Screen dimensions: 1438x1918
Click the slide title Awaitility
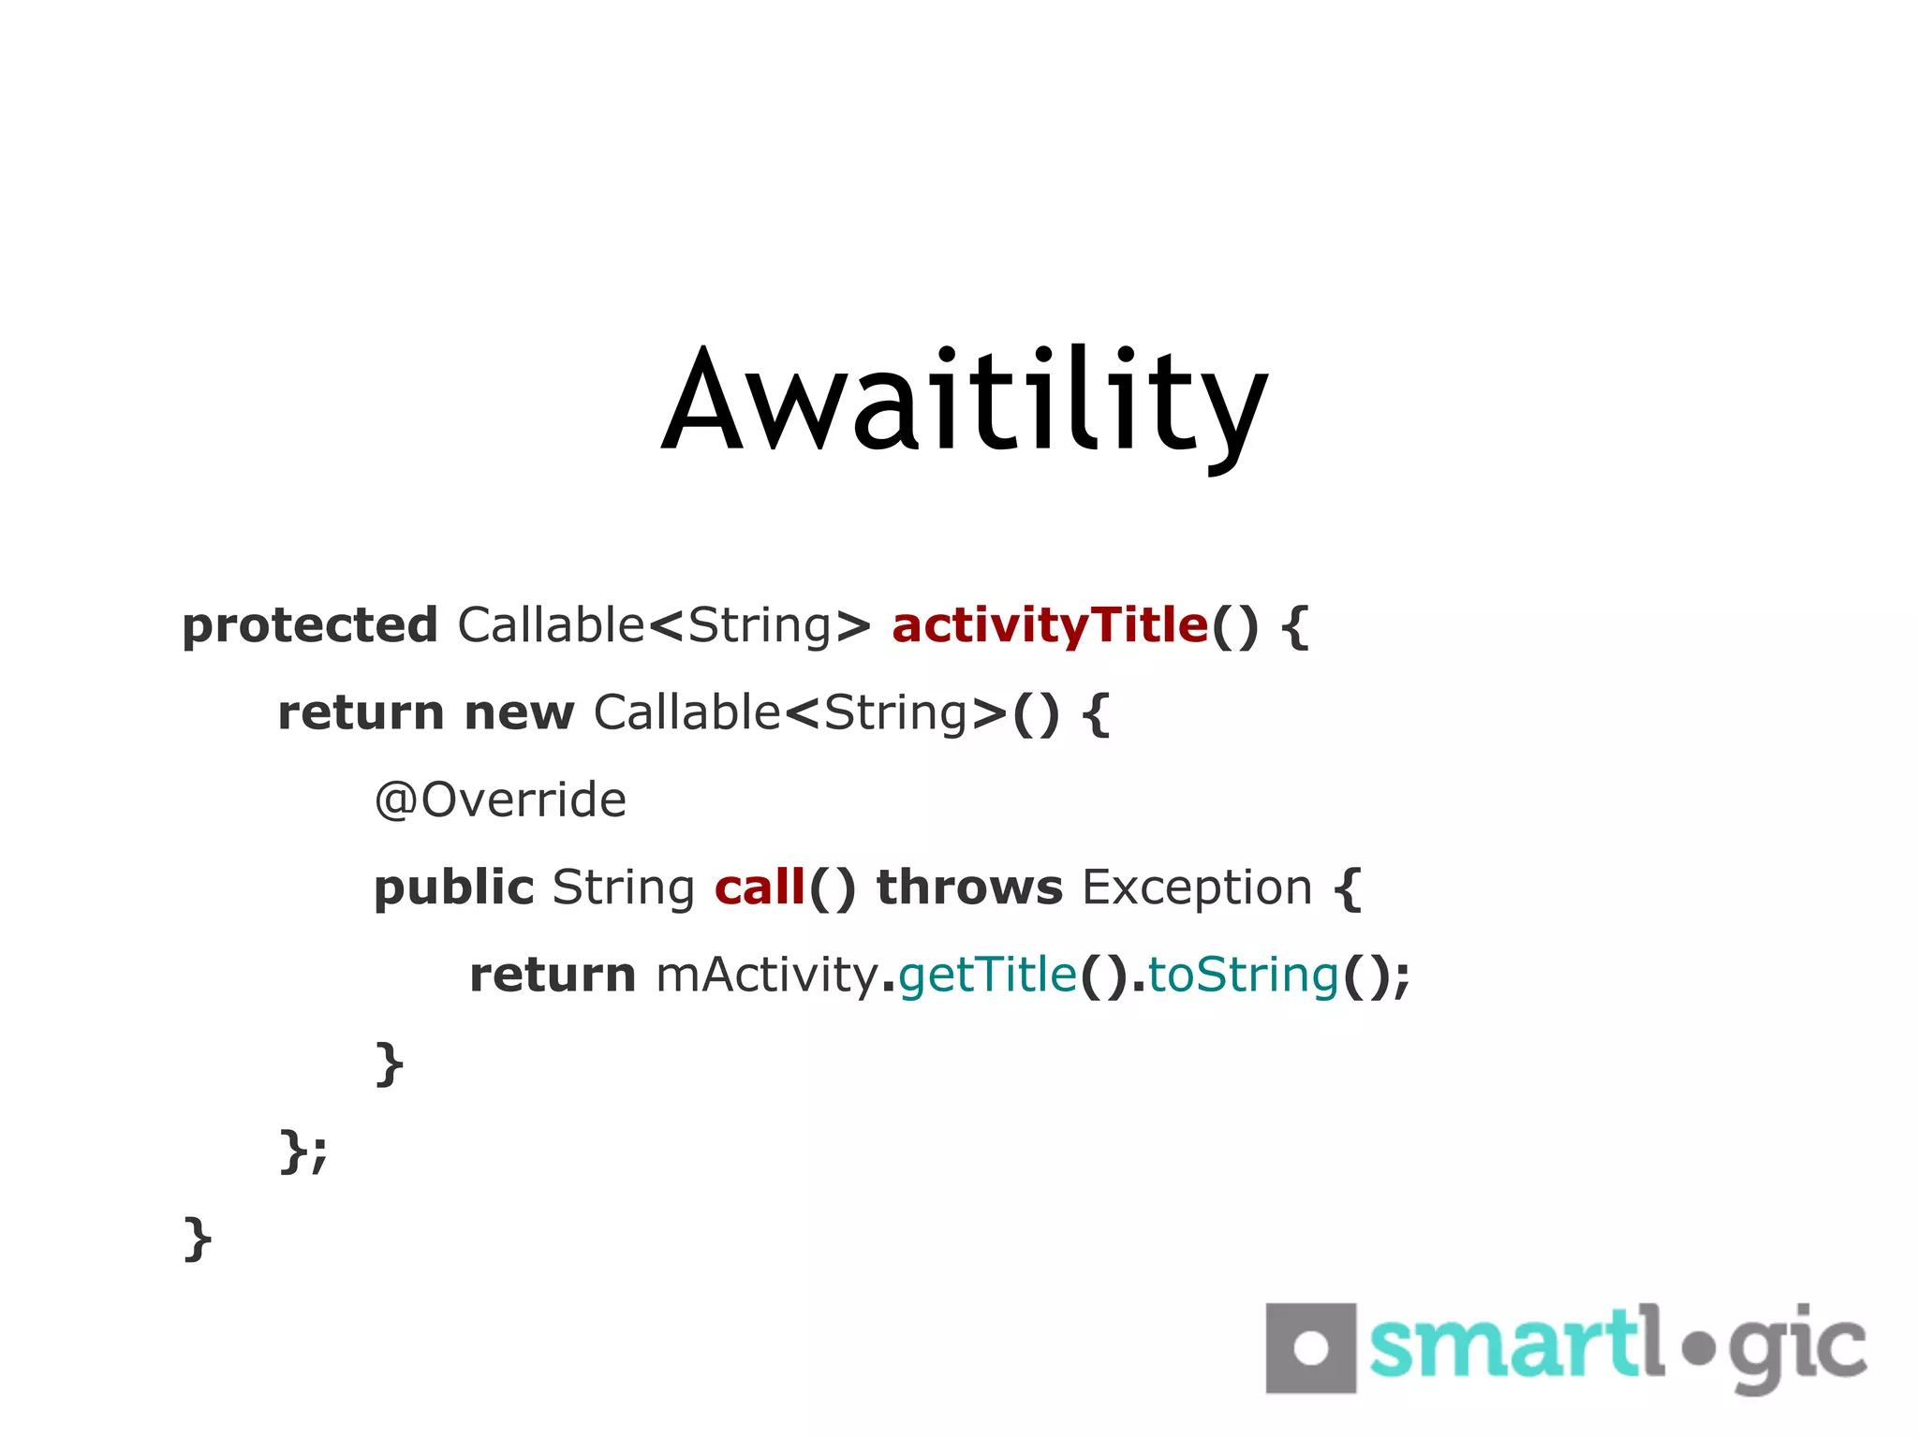click(965, 403)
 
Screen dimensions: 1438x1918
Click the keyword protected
click(310, 626)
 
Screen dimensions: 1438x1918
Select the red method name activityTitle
click(1050, 625)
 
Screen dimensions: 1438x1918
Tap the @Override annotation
click(500, 800)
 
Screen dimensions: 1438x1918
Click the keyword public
click(453, 888)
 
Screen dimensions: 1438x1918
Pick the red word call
click(760, 888)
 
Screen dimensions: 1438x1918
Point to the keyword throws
click(969, 888)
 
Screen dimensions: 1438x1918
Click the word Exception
click(1197, 888)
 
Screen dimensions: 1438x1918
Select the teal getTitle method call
click(988, 976)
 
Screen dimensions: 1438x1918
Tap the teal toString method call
click(1244, 976)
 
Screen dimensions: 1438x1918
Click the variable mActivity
click(766, 976)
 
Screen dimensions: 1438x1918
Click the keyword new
click(519, 713)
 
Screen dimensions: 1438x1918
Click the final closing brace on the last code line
click(198, 1238)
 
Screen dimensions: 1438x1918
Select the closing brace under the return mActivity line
click(389, 1063)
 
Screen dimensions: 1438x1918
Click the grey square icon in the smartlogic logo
click(1310, 1348)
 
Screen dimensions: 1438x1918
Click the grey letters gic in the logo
click(1798, 1348)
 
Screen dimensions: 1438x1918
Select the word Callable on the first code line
click(552, 625)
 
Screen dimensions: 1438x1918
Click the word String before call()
click(623, 888)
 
